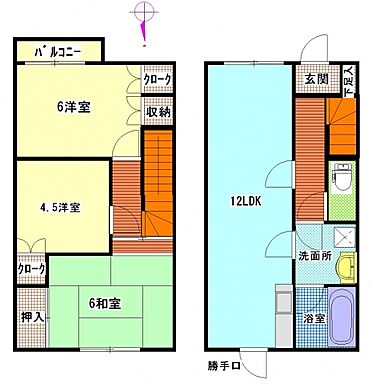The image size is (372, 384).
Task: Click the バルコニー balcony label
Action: tap(57, 50)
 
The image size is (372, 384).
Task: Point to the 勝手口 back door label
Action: tap(233, 363)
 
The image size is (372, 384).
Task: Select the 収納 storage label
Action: tap(157, 112)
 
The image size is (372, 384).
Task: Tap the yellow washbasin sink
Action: tap(344, 267)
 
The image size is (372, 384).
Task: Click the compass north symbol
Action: tap(146, 18)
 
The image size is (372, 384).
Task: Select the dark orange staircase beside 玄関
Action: tap(343, 131)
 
